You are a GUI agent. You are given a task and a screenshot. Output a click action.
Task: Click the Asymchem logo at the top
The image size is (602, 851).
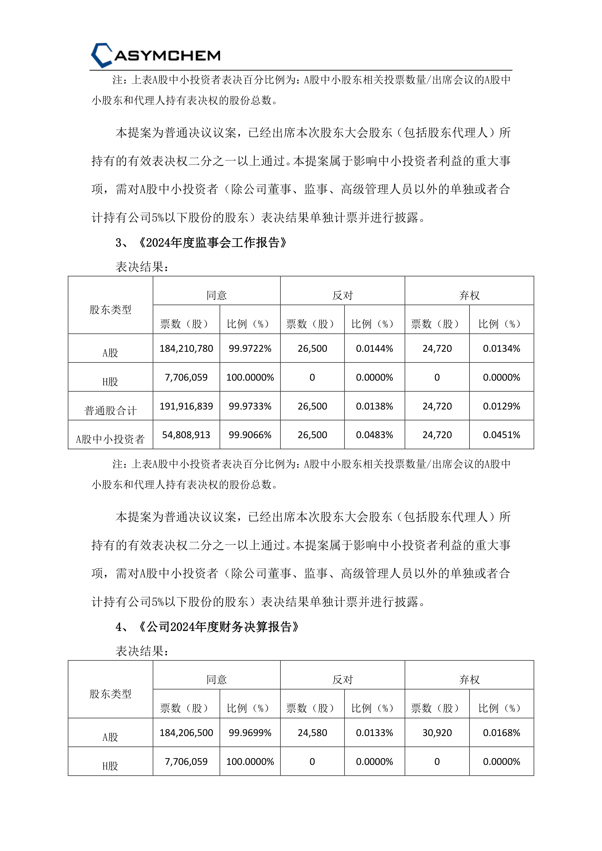(156, 55)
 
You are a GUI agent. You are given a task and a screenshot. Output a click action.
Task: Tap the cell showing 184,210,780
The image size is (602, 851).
(186, 348)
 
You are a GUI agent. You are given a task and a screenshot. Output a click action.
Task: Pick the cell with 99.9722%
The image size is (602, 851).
(250, 348)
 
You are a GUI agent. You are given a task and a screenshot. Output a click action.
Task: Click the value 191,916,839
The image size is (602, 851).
(186, 406)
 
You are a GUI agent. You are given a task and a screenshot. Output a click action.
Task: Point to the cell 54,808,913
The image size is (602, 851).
(186, 435)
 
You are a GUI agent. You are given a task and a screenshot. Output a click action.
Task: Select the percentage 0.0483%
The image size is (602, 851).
(374, 435)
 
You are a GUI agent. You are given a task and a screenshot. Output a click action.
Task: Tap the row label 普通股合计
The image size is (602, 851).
(110, 410)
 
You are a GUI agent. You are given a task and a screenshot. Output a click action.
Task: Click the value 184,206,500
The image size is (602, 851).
(186, 733)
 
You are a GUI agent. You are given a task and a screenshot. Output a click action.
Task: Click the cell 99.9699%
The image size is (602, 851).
(250, 733)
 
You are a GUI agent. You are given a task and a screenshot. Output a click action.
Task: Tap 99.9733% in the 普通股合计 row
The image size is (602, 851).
(250, 406)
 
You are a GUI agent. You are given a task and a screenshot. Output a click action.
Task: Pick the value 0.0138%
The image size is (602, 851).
(374, 406)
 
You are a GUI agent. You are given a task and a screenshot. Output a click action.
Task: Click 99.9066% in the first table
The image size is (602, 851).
(250, 435)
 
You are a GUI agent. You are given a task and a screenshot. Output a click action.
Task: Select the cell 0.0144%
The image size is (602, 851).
(374, 348)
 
